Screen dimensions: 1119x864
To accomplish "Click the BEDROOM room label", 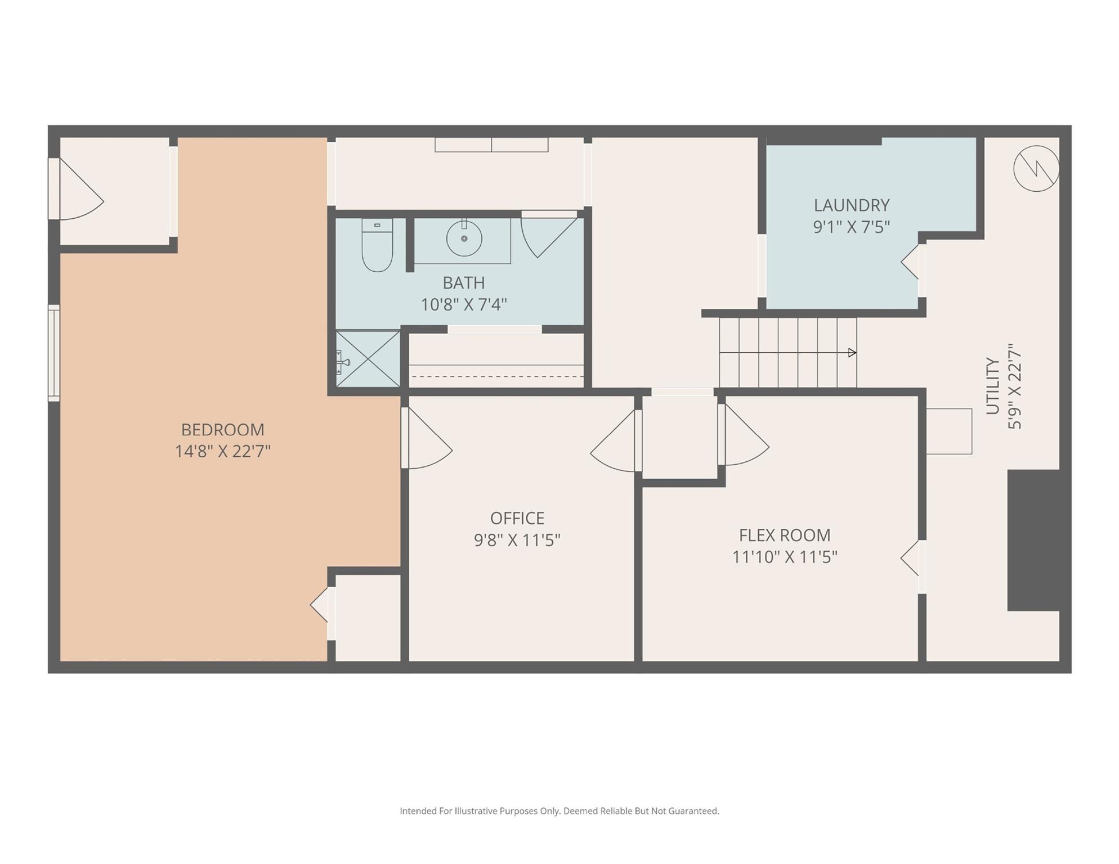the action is tap(222, 430).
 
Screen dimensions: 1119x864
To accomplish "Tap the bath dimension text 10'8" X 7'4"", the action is tap(464, 304).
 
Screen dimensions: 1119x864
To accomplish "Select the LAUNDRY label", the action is tap(852, 205).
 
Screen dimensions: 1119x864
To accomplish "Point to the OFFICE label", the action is tap(517, 518).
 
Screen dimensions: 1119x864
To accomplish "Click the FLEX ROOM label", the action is tap(785, 535).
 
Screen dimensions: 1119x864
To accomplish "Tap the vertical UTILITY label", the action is tap(993, 386).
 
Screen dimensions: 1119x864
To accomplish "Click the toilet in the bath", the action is tap(377, 245).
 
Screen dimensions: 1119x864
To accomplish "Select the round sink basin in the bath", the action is tap(464, 238).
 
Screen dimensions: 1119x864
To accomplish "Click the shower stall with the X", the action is tap(368, 359).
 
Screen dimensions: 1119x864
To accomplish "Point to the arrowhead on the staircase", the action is tap(852, 353).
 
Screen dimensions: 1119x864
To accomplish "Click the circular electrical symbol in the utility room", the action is tap(1036, 168).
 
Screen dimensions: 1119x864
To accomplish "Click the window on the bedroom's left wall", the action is tap(54, 353).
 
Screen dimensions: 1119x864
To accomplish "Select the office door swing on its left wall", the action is tap(428, 438).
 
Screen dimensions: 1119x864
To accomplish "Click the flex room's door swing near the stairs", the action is tap(744, 435).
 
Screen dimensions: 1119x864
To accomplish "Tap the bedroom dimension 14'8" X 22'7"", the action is tap(222, 451).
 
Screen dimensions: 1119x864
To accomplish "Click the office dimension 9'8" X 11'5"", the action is tap(517, 540).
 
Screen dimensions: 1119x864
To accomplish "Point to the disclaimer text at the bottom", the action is tap(559, 811).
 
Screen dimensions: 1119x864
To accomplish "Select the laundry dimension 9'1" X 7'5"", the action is tap(852, 227).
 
